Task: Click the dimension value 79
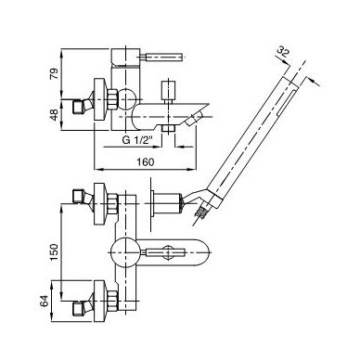coord(54,74)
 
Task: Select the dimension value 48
coord(54,115)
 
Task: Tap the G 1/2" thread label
coord(137,140)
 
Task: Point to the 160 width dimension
coord(145,161)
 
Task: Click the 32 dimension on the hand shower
coord(283,52)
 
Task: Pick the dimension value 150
coord(54,252)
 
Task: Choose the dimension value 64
coord(45,301)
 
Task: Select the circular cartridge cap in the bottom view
coord(126,252)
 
